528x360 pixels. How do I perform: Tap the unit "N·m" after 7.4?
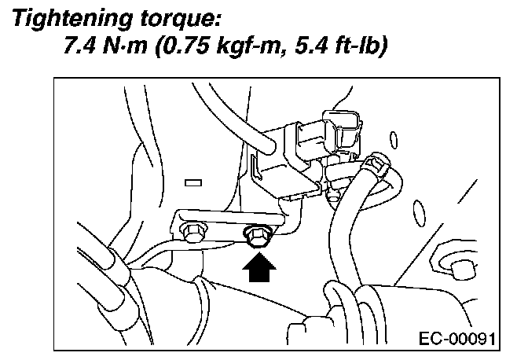(127, 49)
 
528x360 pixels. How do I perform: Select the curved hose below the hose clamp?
(346, 236)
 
